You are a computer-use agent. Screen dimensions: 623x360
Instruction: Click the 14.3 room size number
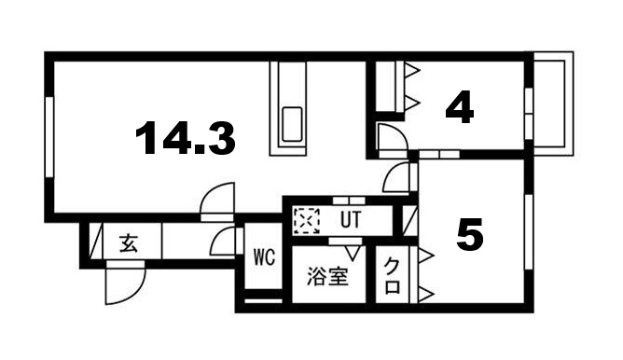tap(185, 140)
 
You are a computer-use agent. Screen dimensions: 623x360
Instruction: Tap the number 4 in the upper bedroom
tap(459, 108)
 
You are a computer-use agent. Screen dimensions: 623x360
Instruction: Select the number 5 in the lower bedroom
tap(471, 234)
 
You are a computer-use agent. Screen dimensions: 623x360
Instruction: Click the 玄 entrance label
tap(128, 245)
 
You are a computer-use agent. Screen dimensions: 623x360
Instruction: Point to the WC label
tap(264, 258)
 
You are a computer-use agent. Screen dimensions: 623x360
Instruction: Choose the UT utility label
tap(350, 221)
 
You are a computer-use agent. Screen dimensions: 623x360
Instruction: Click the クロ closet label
tap(392, 278)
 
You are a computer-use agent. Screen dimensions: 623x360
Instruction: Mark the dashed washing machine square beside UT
tap(306, 222)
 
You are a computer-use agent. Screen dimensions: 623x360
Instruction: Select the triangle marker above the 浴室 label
tap(352, 252)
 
